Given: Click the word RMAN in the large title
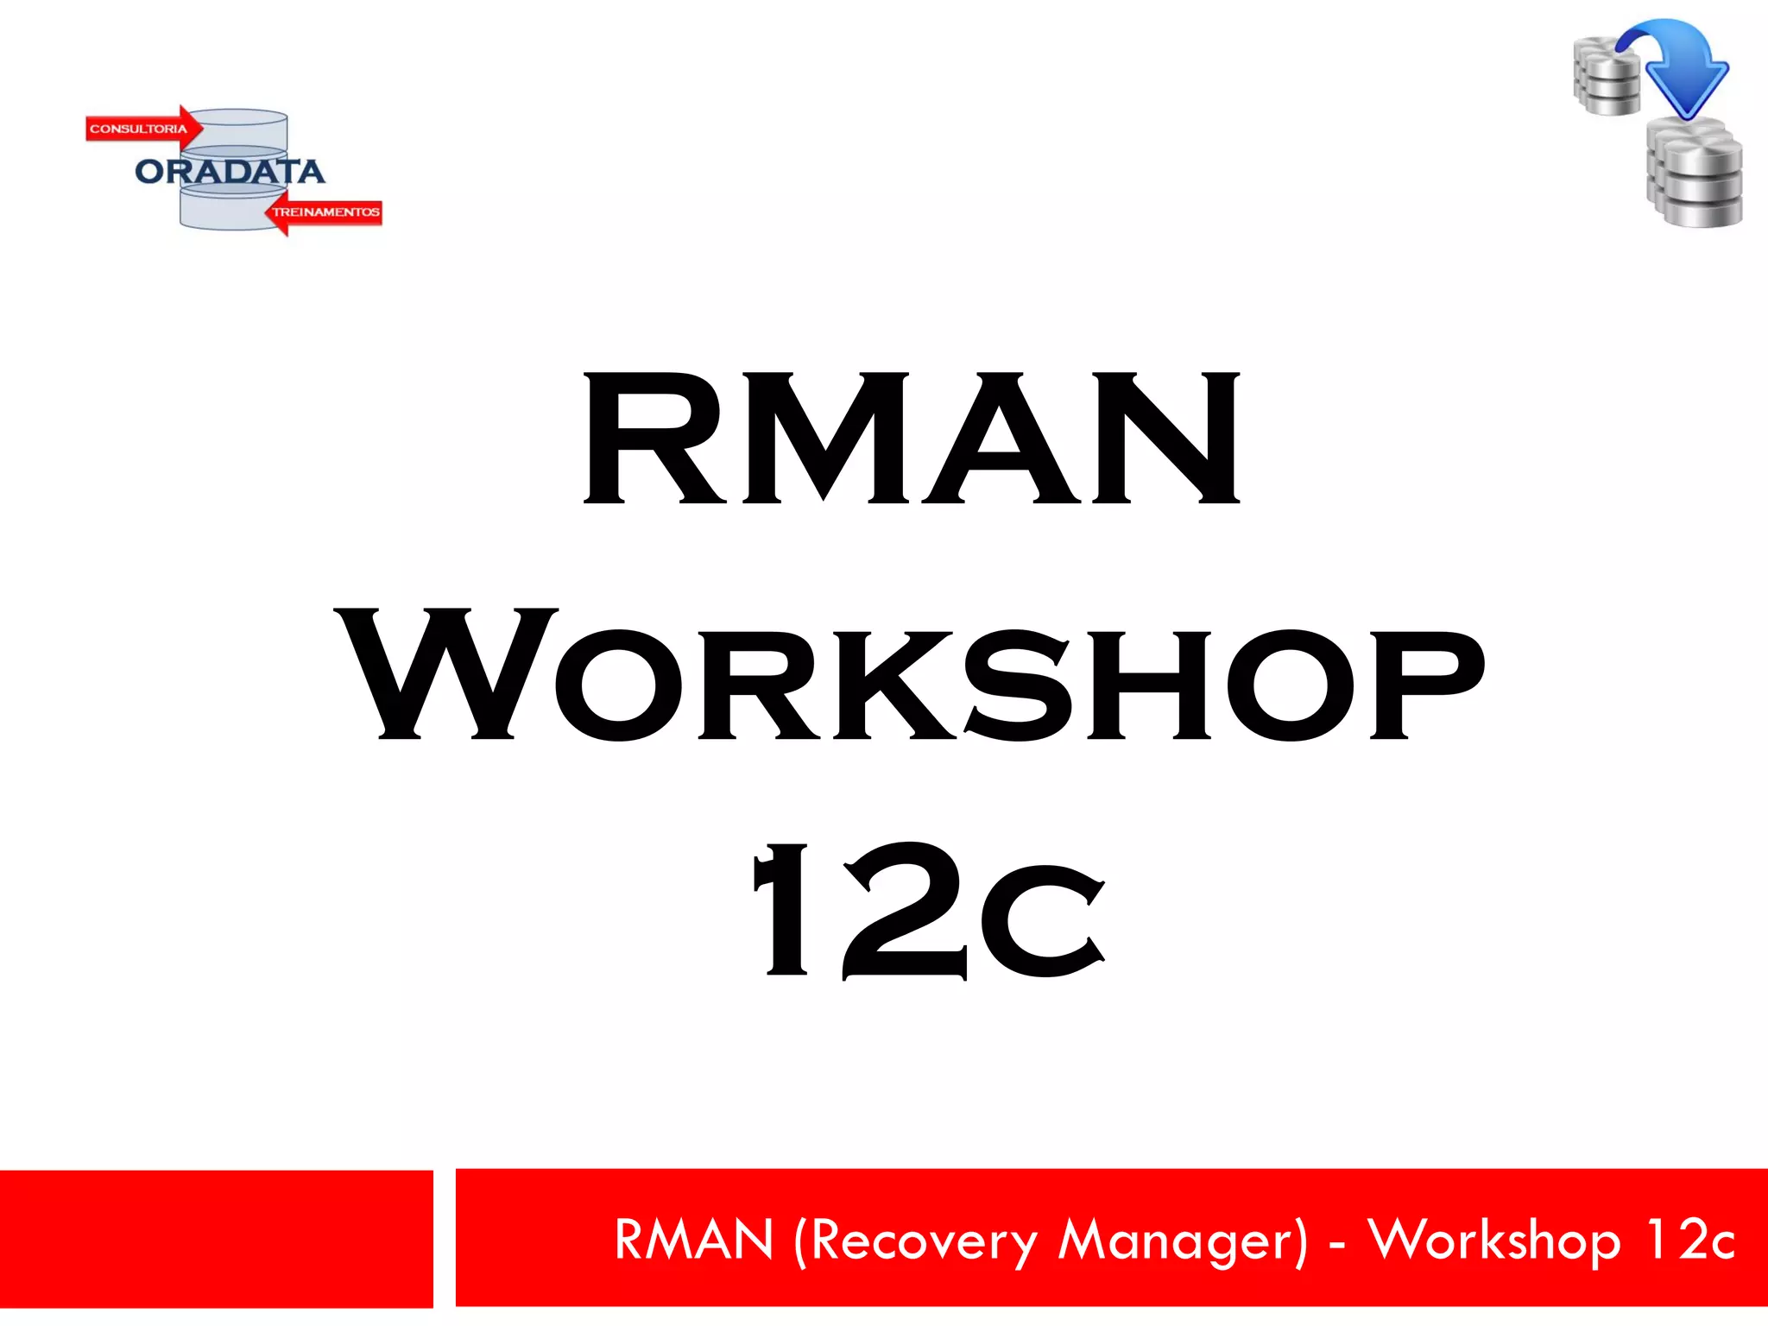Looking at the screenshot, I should click(x=912, y=439).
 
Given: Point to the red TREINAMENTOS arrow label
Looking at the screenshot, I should click(x=325, y=212).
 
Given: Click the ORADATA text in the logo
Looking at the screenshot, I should click(x=230, y=172).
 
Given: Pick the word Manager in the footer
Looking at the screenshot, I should click(x=1183, y=1241).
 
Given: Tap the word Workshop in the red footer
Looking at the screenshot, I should click(x=1493, y=1241).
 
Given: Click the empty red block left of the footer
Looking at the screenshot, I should click(x=216, y=1238).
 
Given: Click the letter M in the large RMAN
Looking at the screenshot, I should click(x=824, y=439).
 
